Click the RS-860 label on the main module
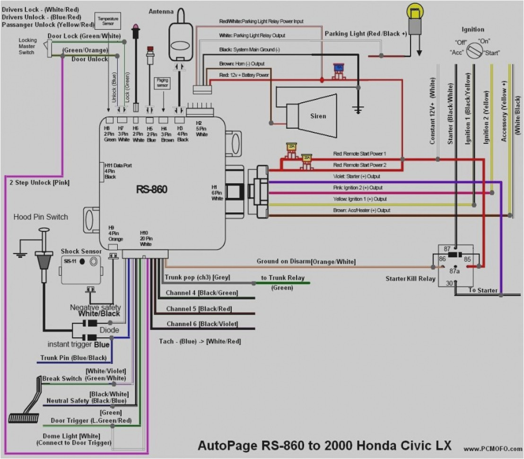pos(151,189)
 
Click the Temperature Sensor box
pos(108,20)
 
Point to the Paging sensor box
pos(162,83)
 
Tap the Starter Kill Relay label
pos(410,279)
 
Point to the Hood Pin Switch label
pos(41,217)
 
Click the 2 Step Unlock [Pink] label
pos(40,182)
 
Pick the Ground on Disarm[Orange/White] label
pos(306,261)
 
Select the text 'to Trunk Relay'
pos(283,278)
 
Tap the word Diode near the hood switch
pos(109,330)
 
